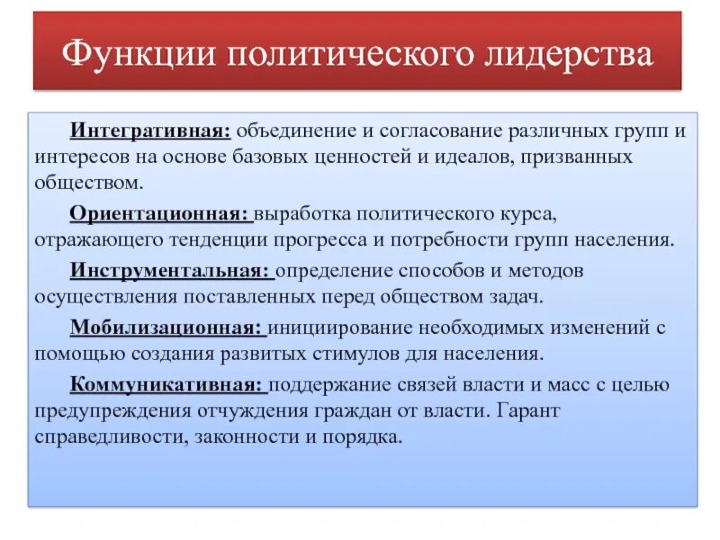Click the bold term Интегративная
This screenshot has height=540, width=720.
(150, 132)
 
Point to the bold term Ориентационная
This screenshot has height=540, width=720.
(159, 216)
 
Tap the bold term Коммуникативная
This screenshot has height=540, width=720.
(167, 384)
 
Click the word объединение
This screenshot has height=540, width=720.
(295, 132)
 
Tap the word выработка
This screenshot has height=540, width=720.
(301, 216)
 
